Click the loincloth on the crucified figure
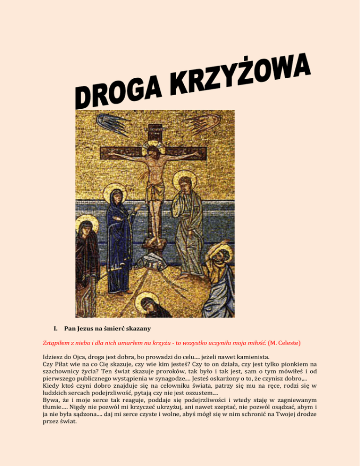tap(155, 192)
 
